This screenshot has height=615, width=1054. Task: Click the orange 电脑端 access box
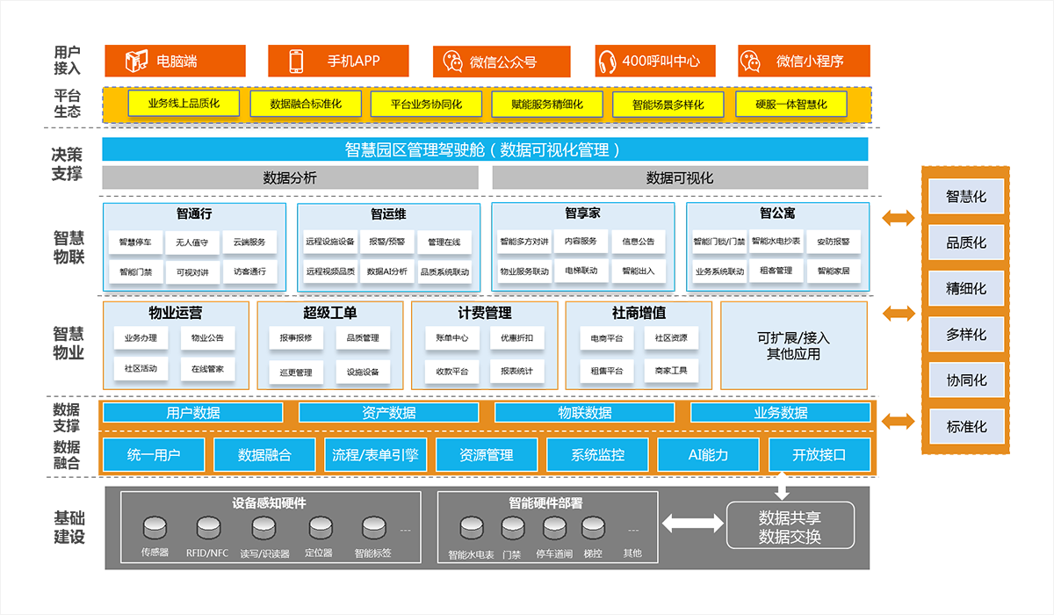point(175,61)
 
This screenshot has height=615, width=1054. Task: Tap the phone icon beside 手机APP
point(296,61)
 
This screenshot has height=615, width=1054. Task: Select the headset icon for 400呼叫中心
point(607,61)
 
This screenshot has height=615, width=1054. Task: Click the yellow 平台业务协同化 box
point(426,104)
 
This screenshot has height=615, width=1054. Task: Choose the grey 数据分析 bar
point(291,177)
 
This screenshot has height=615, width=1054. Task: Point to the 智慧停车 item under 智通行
point(135,242)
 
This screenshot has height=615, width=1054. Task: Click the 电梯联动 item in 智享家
point(581,271)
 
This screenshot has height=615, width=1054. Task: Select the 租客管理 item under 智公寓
point(776,271)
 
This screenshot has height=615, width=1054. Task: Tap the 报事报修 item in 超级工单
point(296,338)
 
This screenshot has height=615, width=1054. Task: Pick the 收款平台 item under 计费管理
point(452,372)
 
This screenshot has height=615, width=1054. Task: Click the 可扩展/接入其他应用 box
point(794,345)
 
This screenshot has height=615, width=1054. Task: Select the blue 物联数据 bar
point(584,413)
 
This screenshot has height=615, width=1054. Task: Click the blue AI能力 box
point(708,454)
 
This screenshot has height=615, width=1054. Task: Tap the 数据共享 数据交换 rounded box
point(790,525)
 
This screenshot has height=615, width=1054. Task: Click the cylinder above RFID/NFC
point(208,528)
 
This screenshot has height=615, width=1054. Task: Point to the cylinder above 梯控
point(594,528)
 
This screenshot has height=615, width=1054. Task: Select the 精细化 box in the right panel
point(966,288)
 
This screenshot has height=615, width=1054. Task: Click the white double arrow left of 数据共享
point(693,524)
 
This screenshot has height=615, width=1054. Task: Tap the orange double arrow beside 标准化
point(899,421)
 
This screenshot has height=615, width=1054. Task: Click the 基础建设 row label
point(69,527)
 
